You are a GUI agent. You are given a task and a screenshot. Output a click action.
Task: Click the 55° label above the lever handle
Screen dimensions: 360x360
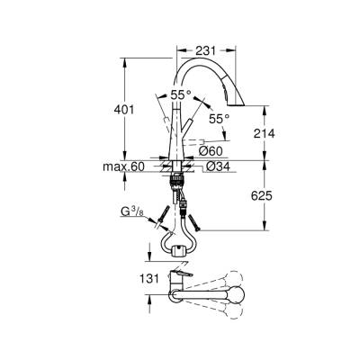pos(180,94)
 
